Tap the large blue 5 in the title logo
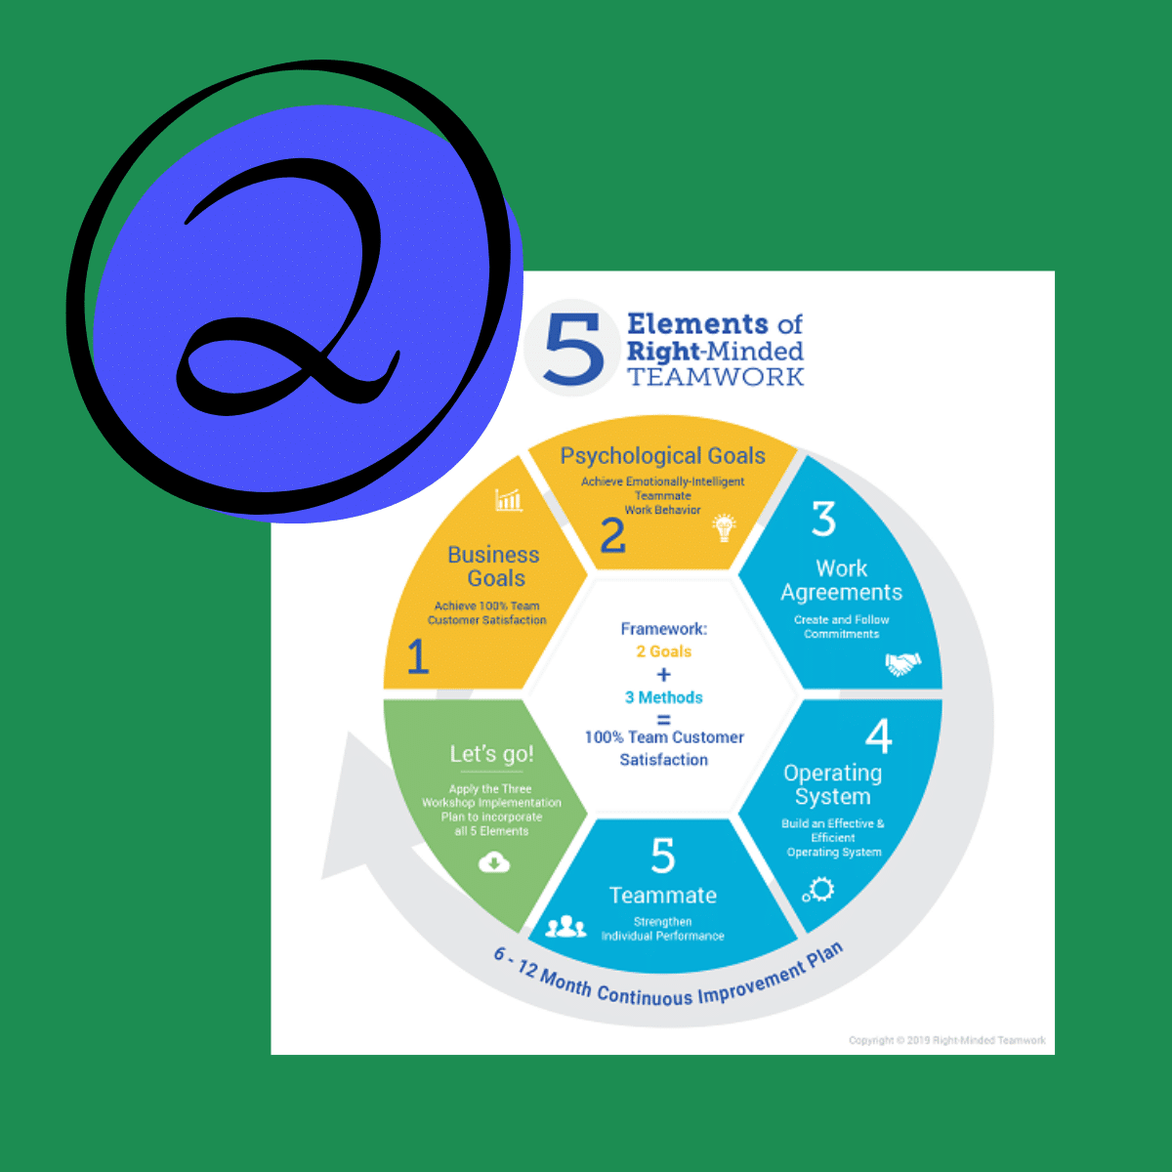tap(574, 349)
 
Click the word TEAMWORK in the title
tap(715, 377)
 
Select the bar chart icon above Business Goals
tap(509, 500)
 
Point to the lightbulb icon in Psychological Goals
tap(725, 527)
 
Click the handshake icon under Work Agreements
tap(903, 663)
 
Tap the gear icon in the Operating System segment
tap(818, 890)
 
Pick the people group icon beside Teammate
tap(565, 926)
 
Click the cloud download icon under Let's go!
tap(494, 861)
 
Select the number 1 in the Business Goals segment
tap(418, 657)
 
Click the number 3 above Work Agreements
tap(824, 519)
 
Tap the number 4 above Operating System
tap(878, 735)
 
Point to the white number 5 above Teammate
tap(663, 855)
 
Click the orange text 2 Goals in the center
tap(663, 651)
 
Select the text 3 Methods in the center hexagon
tap(663, 697)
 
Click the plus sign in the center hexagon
tap(663, 675)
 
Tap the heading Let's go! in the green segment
tap(491, 754)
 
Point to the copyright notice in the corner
tap(947, 1040)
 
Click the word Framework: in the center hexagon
tap(663, 629)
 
